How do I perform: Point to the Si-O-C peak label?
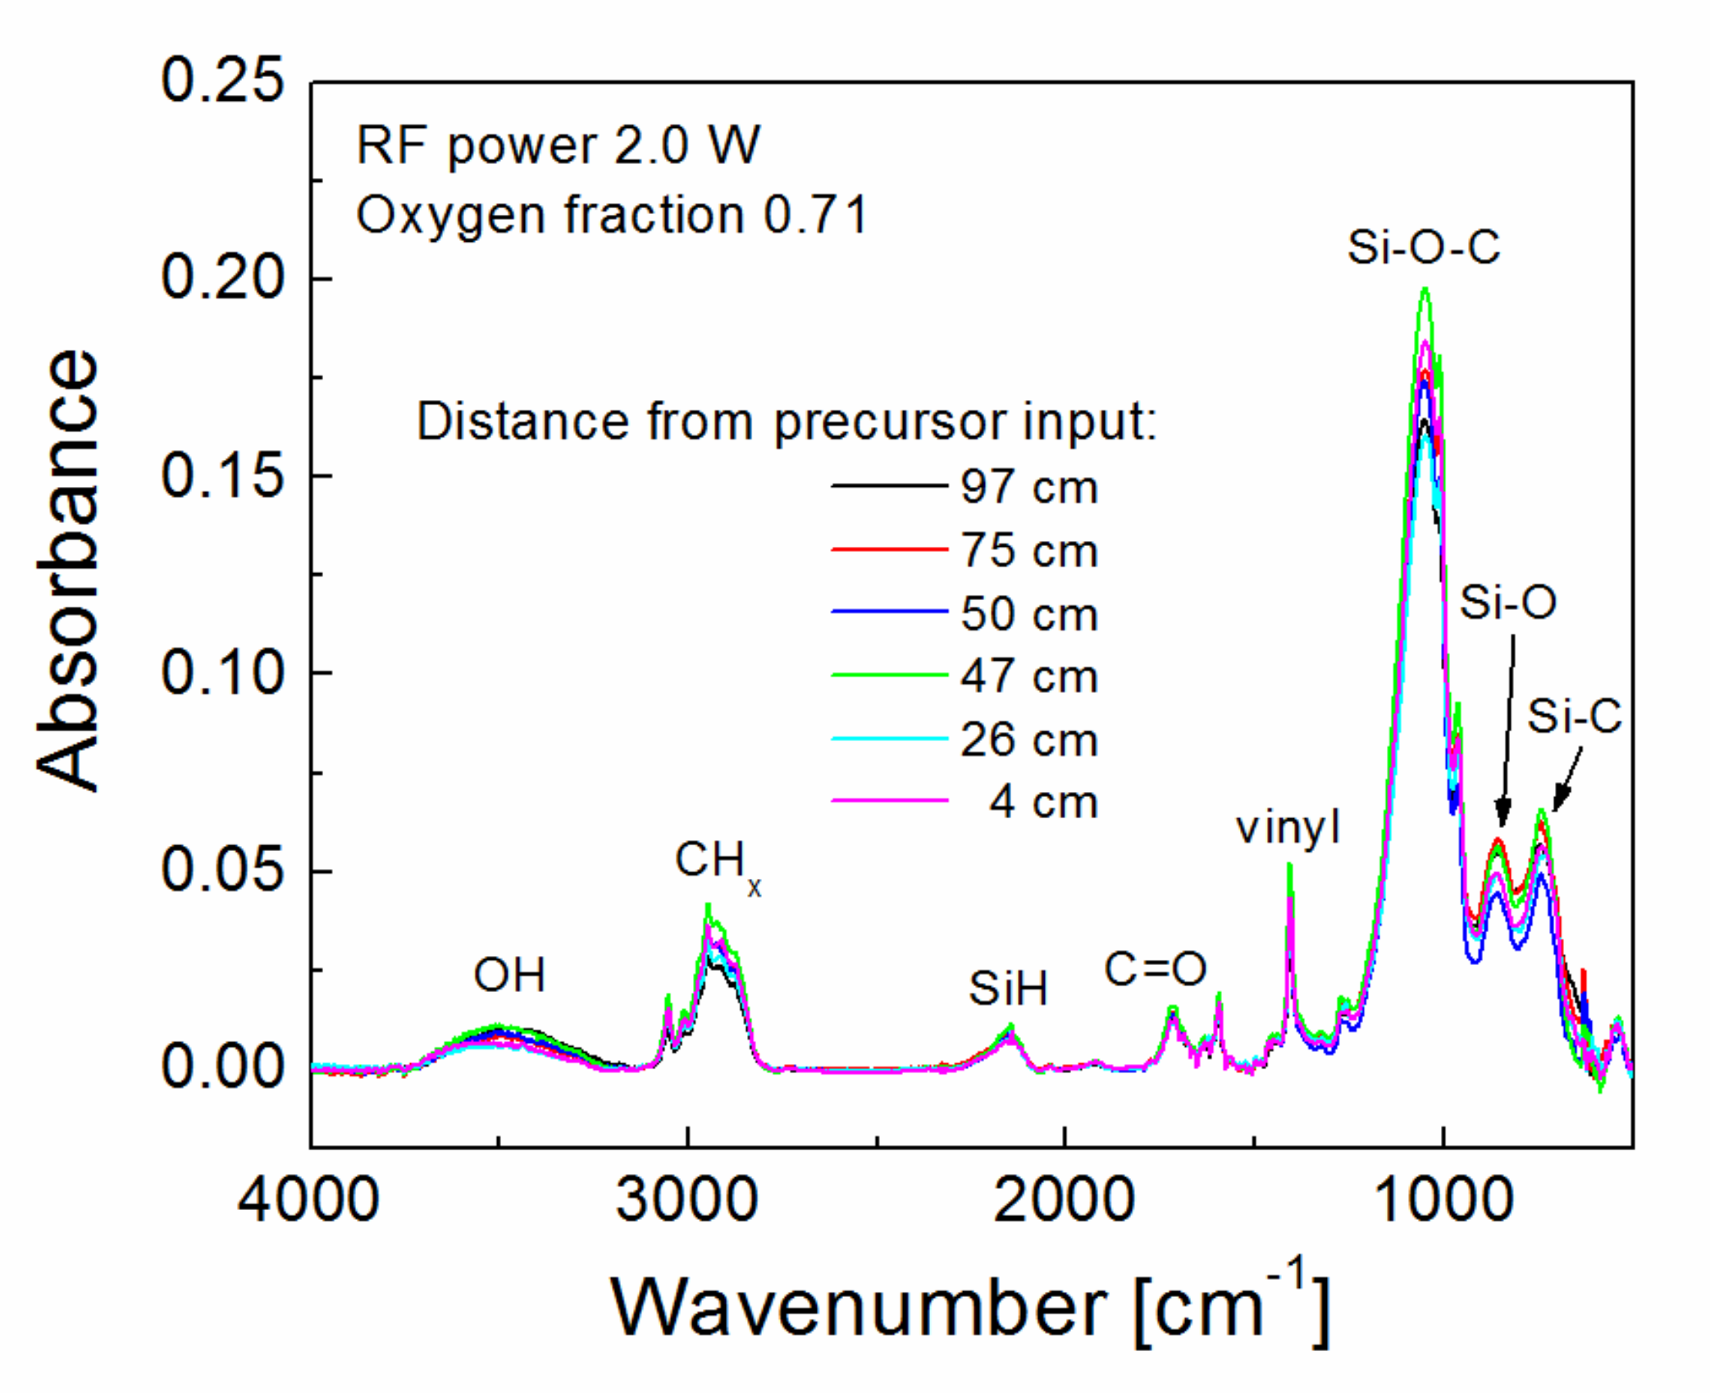(x=1423, y=247)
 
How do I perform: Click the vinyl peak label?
(x=1288, y=827)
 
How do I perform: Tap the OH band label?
(x=509, y=976)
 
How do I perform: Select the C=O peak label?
(x=1155, y=969)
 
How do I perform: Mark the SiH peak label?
(x=1008, y=989)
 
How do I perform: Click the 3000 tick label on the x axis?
(x=686, y=1201)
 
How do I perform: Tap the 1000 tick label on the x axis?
(x=1443, y=1201)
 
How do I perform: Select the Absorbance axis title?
(x=67, y=571)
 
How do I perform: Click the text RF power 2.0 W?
(x=558, y=146)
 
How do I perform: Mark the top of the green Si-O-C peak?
(x=1425, y=289)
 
